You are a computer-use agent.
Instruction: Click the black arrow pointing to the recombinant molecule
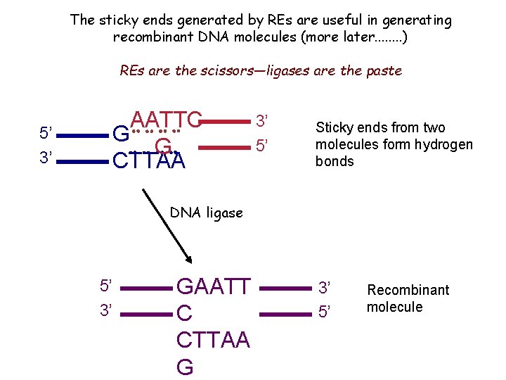click(167, 224)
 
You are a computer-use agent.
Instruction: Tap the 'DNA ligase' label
click(207, 213)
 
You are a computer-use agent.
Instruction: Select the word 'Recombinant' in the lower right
click(408, 290)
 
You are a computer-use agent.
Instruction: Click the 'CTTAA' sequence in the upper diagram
click(149, 161)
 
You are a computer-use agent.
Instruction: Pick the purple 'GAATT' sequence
click(213, 286)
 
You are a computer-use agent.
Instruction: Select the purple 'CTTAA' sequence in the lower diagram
click(213, 340)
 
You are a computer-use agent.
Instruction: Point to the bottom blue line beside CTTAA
click(82, 161)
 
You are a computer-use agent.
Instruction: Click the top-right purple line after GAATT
click(285, 287)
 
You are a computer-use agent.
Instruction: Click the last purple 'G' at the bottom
click(185, 367)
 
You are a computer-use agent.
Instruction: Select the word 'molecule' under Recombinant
click(394, 307)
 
